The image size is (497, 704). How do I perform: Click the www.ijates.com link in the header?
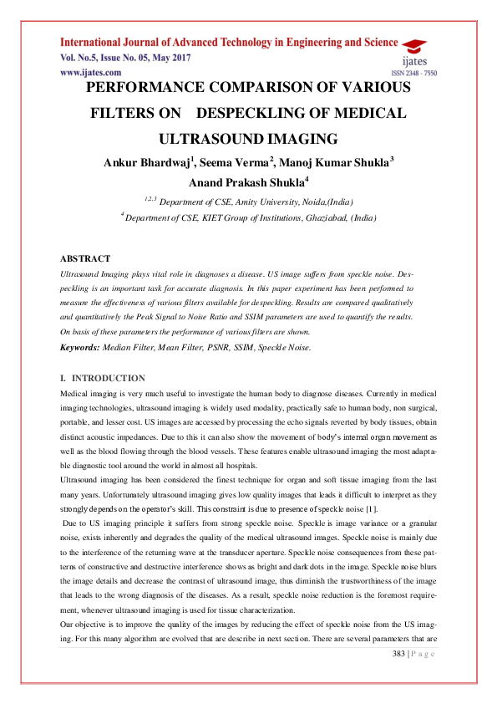pos(88,74)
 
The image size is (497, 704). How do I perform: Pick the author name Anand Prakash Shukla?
pos(247,181)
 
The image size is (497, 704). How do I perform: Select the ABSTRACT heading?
pos(86,258)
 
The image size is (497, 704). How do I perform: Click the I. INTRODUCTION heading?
pos(103,378)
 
